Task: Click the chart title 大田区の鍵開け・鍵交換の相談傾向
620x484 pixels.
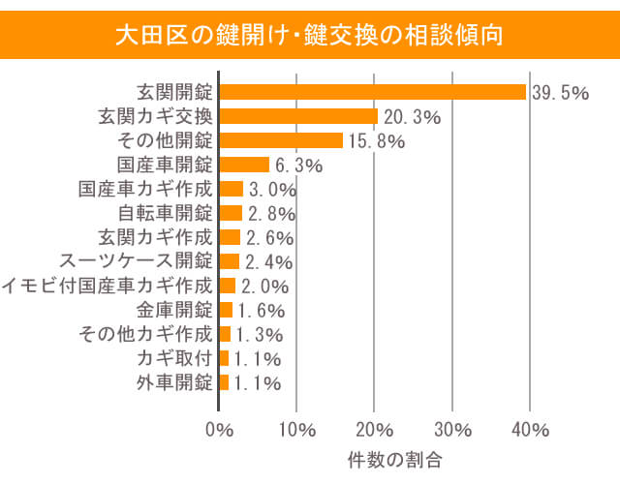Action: pos(309,37)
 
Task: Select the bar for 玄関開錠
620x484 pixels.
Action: pos(373,92)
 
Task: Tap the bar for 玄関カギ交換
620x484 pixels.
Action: pos(298,116)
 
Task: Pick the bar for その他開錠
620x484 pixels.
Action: pos(281,140)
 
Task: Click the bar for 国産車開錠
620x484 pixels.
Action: pos(244,165)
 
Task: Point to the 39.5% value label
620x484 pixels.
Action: pos(561,93)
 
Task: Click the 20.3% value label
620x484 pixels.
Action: pos(412,117)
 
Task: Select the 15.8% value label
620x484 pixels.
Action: pos(376,141)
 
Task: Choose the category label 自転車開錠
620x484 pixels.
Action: pos(165,213)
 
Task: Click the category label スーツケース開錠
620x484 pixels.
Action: pos(136,261)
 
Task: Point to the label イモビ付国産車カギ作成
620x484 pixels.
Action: pos(107,286)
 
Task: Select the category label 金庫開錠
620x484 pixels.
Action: pos(174,310)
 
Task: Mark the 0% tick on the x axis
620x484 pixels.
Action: pos(220,429)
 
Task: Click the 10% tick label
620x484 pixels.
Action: pos(296,429)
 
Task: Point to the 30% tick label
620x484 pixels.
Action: pos(452,429)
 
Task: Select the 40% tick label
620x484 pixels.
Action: pos(530,429)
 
